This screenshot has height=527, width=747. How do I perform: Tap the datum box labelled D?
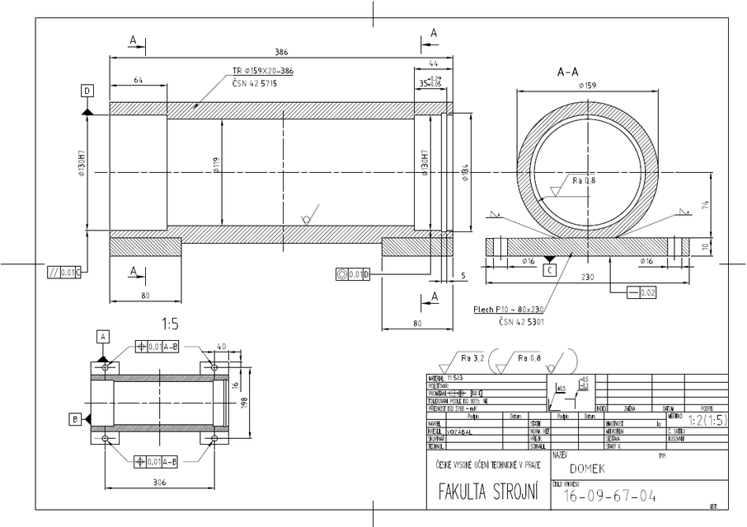(87, 90)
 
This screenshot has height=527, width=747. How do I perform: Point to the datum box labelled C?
(550, 268)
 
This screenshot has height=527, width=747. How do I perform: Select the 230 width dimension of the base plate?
(587, 277)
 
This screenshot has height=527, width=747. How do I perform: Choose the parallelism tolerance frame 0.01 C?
(64, 271)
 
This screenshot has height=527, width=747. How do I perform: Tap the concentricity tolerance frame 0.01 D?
(353, 273)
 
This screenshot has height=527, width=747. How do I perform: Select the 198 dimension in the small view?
(245, 401)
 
